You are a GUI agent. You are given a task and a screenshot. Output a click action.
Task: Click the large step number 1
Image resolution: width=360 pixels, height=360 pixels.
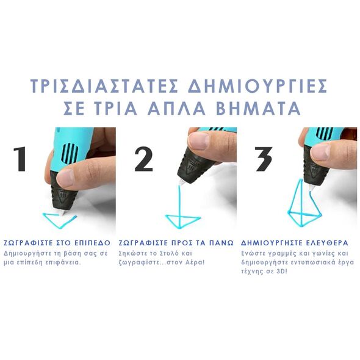click(20, 159)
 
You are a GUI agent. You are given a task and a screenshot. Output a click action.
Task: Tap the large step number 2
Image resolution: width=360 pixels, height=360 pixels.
click(143, 159)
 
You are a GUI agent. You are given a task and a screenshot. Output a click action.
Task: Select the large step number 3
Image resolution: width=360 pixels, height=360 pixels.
click(264, 159)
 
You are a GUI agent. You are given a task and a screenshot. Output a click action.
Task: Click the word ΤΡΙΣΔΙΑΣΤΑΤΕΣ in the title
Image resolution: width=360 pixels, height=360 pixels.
click(104, 86)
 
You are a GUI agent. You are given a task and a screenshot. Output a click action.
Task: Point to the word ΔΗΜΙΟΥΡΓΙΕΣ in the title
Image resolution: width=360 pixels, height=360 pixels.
click(257, 86)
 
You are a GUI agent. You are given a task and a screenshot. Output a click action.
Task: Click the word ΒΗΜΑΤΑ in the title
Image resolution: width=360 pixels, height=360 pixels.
click(259, 108)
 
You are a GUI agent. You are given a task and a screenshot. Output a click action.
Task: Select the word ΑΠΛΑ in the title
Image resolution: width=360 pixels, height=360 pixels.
click(176, 108)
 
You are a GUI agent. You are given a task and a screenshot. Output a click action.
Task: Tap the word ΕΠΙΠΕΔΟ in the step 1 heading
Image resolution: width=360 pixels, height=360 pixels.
click(93, 243)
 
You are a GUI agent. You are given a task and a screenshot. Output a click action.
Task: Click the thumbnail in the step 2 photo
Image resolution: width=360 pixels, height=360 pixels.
click(198, 140)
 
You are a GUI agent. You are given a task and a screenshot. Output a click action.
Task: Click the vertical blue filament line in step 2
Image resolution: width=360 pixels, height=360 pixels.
click(179, 205)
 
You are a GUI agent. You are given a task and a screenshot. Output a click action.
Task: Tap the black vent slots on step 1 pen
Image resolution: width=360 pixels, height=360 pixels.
click(70, 152)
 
